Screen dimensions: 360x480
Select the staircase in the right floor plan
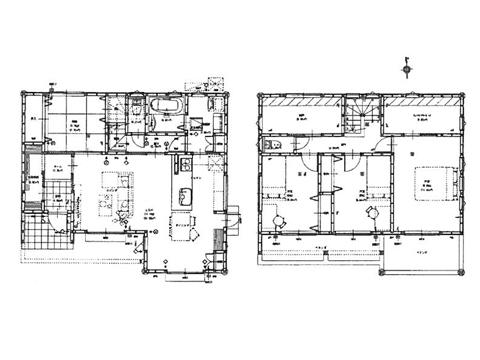[360, 115]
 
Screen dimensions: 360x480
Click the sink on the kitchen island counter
[186, 195]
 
